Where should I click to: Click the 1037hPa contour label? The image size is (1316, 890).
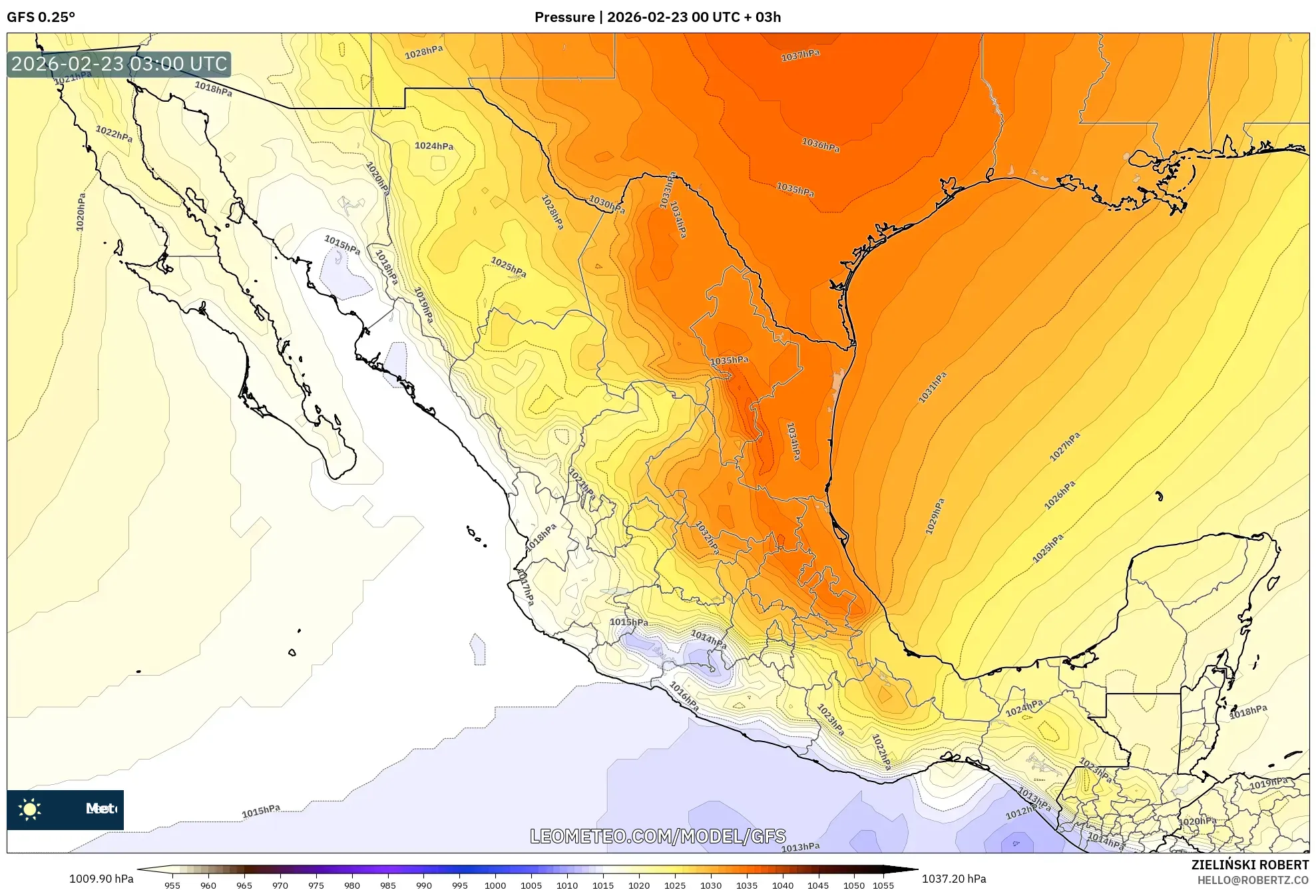point(800,55)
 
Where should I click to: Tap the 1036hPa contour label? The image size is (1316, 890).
point(820,144)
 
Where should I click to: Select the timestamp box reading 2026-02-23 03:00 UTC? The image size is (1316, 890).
point(119,65)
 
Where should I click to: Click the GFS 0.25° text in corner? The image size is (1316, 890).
point(41,17)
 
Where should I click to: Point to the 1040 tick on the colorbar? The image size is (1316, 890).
point(782,885)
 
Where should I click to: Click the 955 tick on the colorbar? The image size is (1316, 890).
point(172,885)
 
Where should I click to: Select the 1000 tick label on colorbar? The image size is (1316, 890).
point(495,885)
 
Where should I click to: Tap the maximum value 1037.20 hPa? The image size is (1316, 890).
point(953,879)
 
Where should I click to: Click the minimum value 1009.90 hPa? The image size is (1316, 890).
point(101,879)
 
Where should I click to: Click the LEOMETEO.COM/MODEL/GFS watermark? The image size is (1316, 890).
point(658,836)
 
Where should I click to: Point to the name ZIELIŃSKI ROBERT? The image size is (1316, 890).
point(1249,865)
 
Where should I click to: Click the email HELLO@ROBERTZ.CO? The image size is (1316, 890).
point(1253,880)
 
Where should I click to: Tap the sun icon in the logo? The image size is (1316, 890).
point(30,809)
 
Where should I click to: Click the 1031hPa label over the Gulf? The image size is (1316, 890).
point(932,388)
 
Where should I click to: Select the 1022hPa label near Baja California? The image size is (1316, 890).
point(114,134)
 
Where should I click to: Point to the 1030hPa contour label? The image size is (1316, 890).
point(606,204)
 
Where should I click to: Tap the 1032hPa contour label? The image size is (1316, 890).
point(707,537)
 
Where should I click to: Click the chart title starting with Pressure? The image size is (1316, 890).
point(657,17)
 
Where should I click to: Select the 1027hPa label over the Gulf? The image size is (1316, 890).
point(1064,447)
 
